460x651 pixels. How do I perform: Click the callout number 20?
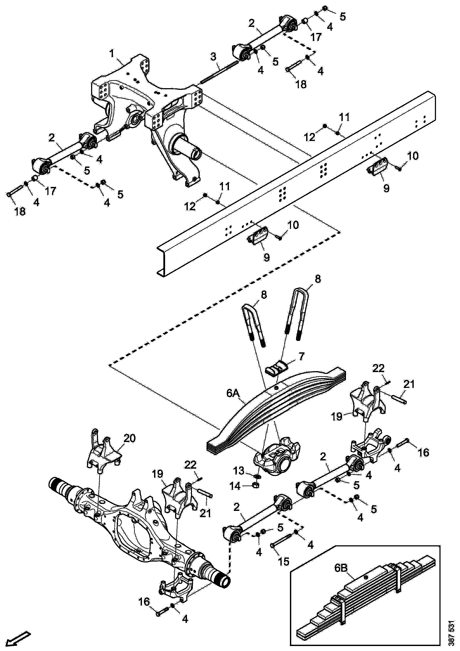point(130,438)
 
